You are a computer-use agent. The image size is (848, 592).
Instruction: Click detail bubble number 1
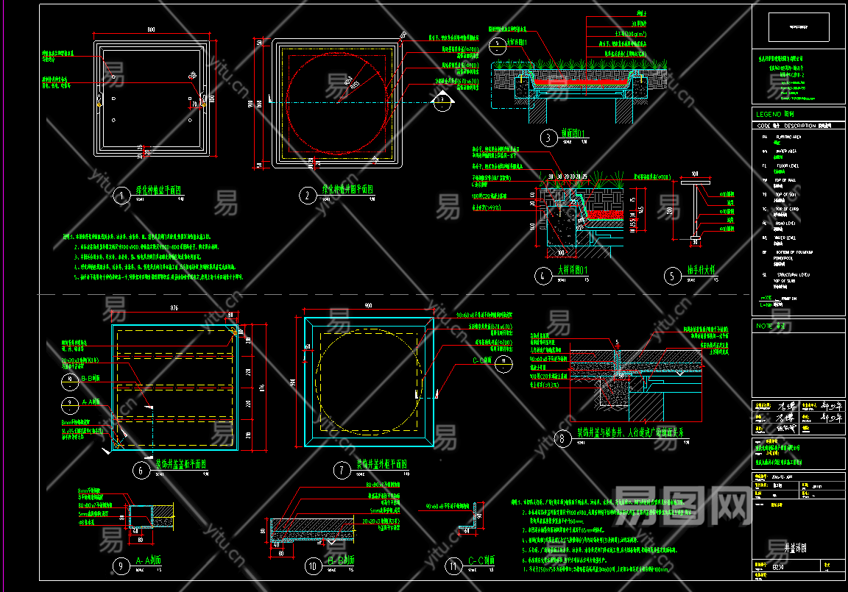121,195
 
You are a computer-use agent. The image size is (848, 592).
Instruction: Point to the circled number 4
543,276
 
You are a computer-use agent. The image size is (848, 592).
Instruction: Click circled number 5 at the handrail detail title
673,276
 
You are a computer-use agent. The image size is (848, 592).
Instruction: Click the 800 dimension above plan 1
151,30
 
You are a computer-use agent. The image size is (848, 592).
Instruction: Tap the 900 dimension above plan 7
368,305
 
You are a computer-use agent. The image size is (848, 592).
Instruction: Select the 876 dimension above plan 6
174,307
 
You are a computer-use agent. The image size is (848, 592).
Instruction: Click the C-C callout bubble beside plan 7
504,361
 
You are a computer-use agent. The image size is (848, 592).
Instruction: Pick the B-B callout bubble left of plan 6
69,379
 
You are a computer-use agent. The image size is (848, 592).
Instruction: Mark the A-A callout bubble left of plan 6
69,402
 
